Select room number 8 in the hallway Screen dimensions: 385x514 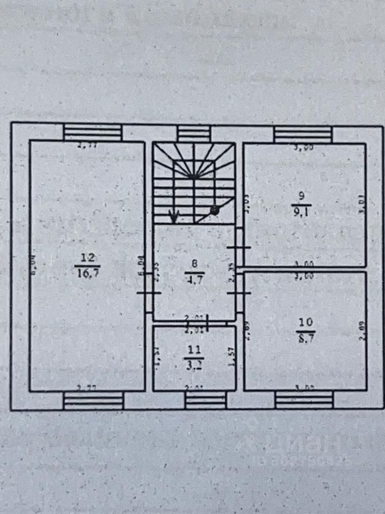coord(194,263)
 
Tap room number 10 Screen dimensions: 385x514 coord(305,322)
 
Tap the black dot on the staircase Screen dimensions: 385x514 coord(214,210)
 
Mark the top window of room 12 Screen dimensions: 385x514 coord(93,133)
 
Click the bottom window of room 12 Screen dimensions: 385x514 coord(93,400)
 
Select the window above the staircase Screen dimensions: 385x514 coord(194,133)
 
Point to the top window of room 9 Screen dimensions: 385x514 coord(303,134)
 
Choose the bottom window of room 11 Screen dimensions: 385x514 coord(205,399)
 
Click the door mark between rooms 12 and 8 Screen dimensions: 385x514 coord(149,293)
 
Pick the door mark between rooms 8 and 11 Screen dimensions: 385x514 coord(207,321)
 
